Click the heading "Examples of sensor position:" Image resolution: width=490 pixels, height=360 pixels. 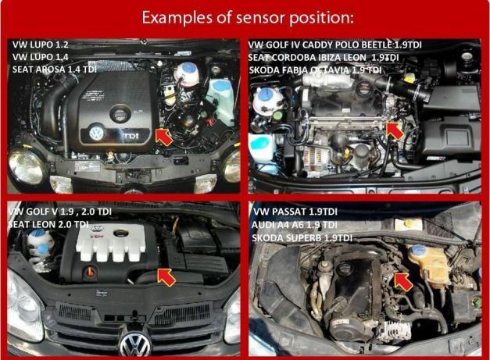pos(245,17)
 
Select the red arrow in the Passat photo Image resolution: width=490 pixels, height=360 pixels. pos(400,279)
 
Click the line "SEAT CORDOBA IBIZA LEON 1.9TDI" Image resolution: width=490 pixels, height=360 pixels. pos(323,57)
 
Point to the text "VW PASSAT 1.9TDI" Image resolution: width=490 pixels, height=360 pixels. pos(293,212)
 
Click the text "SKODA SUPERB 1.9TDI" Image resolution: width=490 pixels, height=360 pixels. pos(301,237)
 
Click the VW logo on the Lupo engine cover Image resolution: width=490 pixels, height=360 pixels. pos(96,134)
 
